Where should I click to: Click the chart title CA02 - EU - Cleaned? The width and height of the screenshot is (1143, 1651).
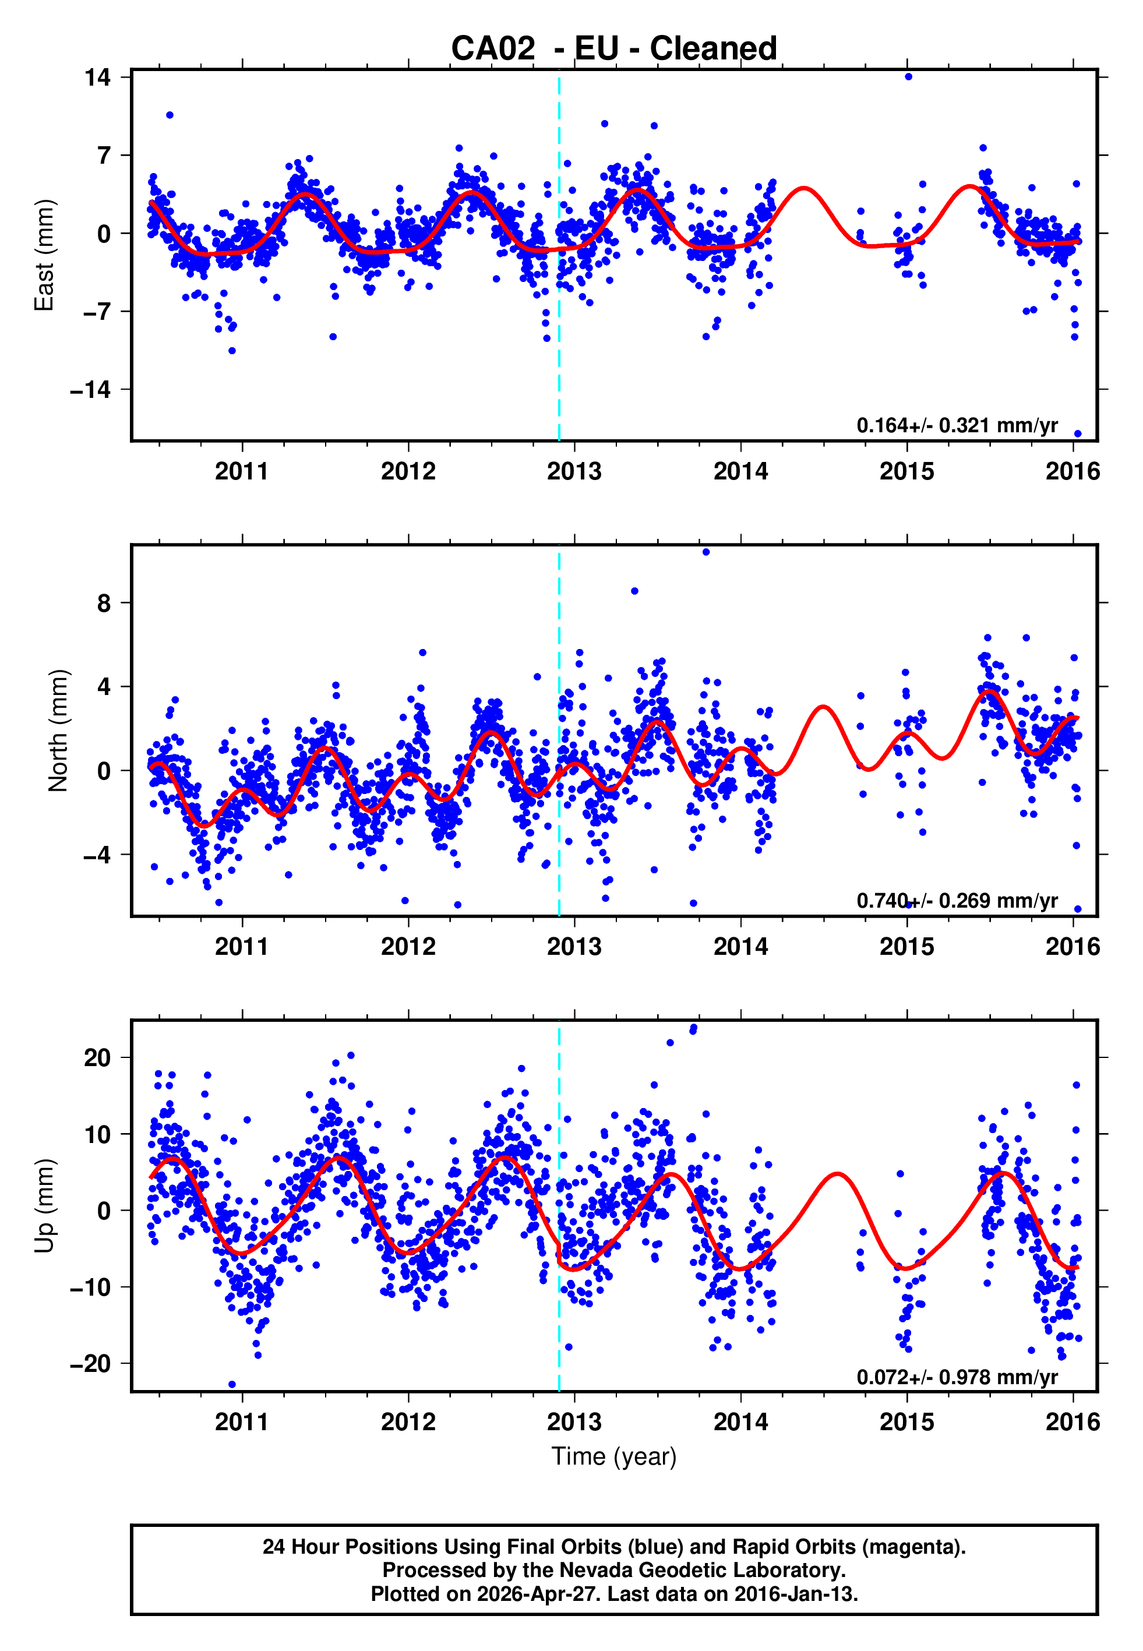(x=614, y=49)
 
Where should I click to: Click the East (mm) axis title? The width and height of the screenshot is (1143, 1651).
(x=44, y=255)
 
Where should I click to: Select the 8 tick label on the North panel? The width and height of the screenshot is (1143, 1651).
(x=104, y=603)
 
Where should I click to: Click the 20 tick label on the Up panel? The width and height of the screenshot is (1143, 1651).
(x=97, y=1057)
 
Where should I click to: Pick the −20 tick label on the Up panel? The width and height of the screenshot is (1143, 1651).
(x=90, y=1364)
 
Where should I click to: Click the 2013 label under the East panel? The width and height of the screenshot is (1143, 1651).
(x=574, y=471)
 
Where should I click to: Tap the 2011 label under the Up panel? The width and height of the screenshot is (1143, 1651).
(x=242, y=1421)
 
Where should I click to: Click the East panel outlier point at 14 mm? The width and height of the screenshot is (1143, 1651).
(x=908, y=76)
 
